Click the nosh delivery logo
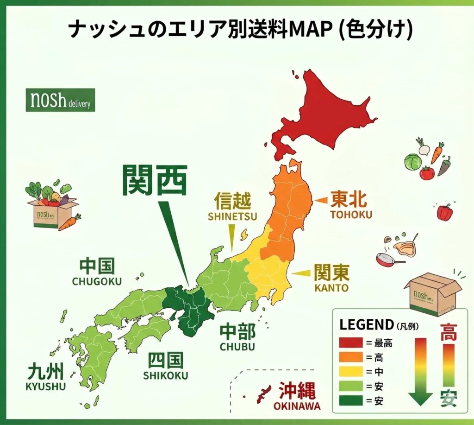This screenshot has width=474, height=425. coord(60,100)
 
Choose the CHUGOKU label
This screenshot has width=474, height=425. coord(97,281)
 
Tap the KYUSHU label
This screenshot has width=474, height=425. coord(46,386)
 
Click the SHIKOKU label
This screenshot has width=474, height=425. coord(165,375)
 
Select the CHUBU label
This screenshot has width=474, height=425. coord(237,347)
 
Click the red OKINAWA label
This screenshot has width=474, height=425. coord(297,406)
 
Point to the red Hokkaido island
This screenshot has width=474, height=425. coord(324,116)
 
